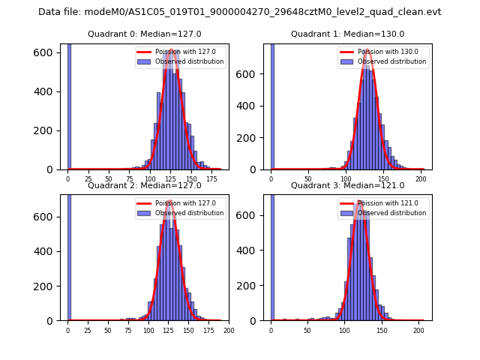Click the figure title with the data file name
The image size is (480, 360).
pyautogui.click(x=239, y=12)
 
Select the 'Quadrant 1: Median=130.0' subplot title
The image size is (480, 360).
pyautogui.click(x=347, y=34)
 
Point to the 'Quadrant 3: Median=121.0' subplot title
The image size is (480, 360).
pyautogui.click(x=347, y=185)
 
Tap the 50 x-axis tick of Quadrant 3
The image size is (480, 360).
pyautogui.click(x=307, y=330)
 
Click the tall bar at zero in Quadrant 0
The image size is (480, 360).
pyautogui.click(x=69, y=105)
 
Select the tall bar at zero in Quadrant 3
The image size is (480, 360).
pyautogui.click(x=272, y=255)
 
